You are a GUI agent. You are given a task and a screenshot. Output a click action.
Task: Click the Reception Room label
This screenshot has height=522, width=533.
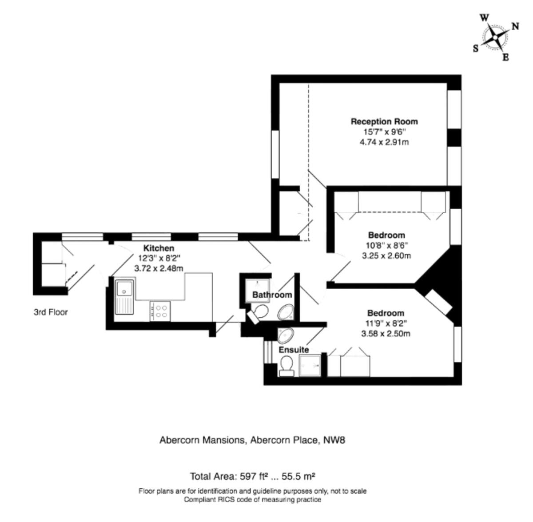click(384, 121)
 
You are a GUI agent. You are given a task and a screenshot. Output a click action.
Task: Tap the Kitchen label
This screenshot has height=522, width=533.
click(159, 248)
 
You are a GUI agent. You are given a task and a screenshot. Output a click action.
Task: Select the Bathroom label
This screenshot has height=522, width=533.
click(272, 295)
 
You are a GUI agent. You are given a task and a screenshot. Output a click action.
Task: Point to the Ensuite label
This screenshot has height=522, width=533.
click(294, 350)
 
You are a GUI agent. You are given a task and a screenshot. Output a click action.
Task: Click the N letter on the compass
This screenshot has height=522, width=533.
click(515, 26)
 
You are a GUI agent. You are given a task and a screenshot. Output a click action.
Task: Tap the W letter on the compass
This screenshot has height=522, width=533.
click(484, 18)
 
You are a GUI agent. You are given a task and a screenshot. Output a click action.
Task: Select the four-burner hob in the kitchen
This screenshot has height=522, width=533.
click(160, 311)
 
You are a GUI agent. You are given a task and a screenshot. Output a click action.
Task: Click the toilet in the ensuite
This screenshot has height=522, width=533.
click(286, 367)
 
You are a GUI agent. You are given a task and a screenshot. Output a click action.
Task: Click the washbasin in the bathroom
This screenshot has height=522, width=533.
click(286, 312)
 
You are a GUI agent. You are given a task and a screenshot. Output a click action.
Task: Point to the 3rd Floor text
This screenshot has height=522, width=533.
click(51, 312)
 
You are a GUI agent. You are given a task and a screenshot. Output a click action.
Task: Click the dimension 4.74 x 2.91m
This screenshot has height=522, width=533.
click(384, 143)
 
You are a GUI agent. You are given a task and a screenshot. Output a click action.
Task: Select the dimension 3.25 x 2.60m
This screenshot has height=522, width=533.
click(386, 256)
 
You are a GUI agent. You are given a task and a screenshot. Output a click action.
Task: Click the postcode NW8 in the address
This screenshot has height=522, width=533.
click(334, 440)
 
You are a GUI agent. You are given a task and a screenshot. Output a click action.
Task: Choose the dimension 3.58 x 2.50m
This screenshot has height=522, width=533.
click(386, 334)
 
